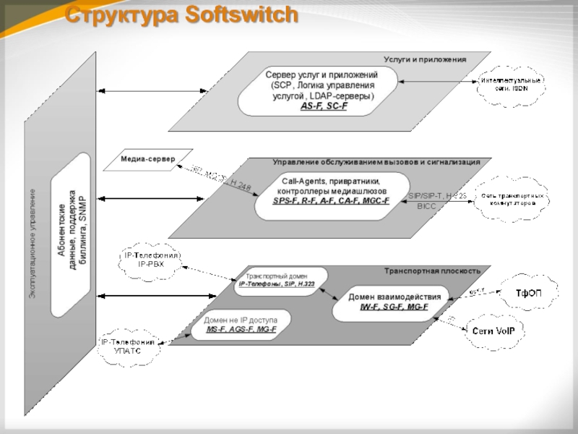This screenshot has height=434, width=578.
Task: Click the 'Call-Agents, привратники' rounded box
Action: (x=331, y=190)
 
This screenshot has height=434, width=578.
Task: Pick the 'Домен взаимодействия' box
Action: (x=390, y=302)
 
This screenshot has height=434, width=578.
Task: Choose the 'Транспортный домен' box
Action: (x=278, y=281)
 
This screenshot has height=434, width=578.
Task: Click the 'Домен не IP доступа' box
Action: (x=241, y=324)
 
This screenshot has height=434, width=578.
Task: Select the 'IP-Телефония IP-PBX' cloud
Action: (x=150, y=260)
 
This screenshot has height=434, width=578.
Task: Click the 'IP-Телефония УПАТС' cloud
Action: (x=128, y=346)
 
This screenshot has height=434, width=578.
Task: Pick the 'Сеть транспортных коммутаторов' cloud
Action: (x=510, y=200)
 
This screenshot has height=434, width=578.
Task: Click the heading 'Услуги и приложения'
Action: (x=425, y=59)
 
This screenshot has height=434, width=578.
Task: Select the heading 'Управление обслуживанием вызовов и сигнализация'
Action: (x=376, y=163)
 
